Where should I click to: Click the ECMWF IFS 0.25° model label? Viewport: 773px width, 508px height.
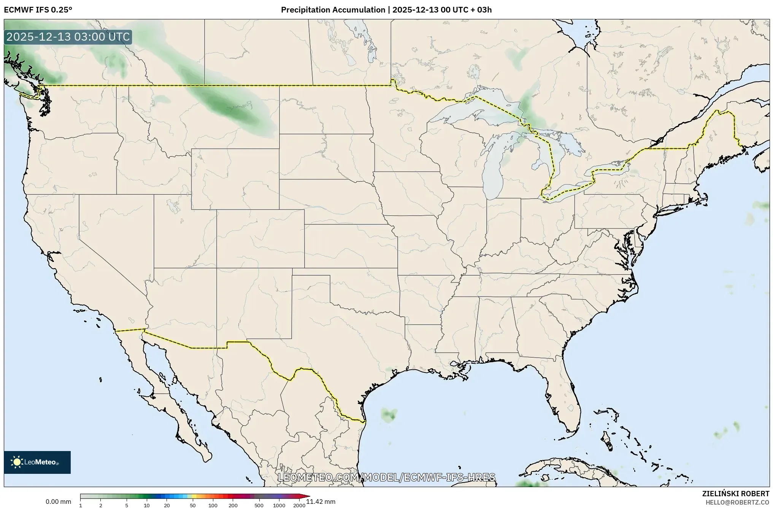pos(38,10)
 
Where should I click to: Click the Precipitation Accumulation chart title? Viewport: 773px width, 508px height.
pos(386,10)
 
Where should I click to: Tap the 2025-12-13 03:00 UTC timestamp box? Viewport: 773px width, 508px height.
pos(68,37)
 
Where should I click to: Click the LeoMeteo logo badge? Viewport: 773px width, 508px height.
pos(37,462)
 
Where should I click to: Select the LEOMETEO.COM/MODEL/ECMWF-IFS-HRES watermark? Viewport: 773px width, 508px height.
pos(386,477)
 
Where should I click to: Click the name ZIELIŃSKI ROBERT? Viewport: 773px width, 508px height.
pos(735,494)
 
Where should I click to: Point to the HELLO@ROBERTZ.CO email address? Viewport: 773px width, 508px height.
pos(737,502)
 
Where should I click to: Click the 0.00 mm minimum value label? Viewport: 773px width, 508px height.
pos(58,502)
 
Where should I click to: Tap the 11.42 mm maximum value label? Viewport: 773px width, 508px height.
pos(321,502)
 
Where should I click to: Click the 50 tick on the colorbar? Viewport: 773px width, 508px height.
pos(193,505)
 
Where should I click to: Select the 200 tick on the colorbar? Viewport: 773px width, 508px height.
pos(233,505)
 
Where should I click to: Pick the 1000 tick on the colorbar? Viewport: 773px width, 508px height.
pos(279,505)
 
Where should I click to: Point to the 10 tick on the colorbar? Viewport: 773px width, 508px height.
pos(147,505)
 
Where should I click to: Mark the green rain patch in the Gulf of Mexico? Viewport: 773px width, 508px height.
pos(389,415)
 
